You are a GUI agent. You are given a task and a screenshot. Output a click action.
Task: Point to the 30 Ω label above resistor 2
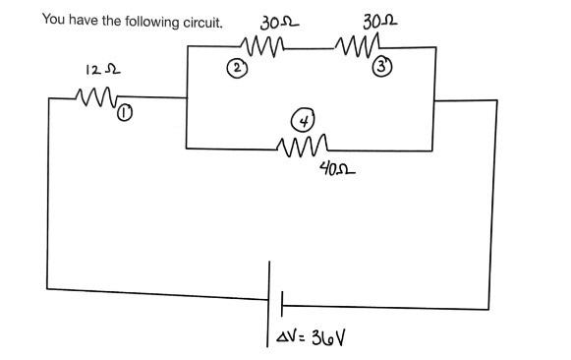point(272,22)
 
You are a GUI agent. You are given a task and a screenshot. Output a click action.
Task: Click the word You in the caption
point(53,20)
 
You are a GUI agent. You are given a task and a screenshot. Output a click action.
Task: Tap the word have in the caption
point(85,20)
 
